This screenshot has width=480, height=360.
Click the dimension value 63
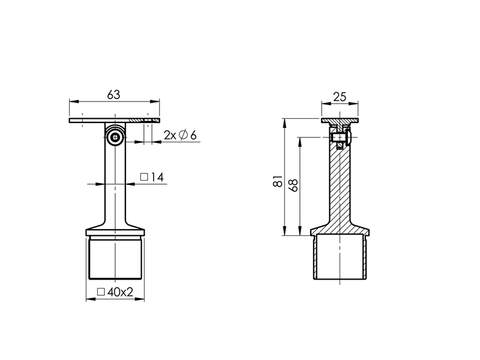113,95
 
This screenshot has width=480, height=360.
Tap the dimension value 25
340,97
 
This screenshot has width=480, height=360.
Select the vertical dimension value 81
278,181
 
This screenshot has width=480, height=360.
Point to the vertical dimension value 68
293,185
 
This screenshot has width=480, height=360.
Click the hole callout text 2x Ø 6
180,135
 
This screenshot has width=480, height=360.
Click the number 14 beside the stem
157,177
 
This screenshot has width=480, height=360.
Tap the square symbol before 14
144,177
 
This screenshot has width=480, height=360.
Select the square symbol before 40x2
101,292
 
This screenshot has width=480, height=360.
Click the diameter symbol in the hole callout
183,135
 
